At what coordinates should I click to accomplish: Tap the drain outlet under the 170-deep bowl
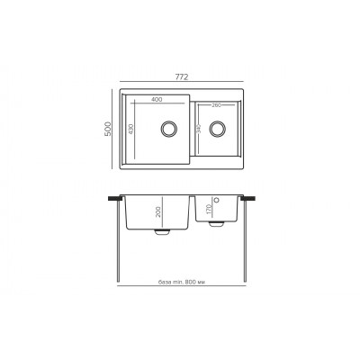pyautogui.click(x=216, y=224)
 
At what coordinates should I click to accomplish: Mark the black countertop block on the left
pyautogui.click(x=116, y=197)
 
